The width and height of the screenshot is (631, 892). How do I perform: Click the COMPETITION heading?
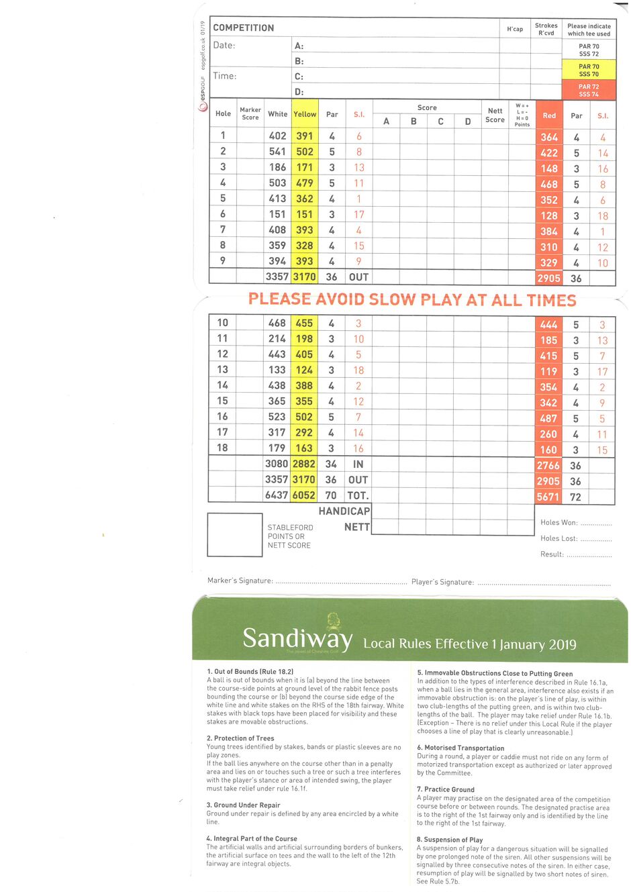pyautogui.click(x=244, y=28)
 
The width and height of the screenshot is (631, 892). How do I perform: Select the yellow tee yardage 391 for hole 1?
pyautogui.click(x=305, y=136)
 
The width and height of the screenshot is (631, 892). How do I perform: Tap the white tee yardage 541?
pyautogui.click(x=277, y=152)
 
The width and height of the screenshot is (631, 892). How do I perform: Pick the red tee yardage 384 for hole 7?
pyautogui.click(x=549, y=232)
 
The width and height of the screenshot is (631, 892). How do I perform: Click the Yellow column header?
pyautogui.click(x=305, y=114)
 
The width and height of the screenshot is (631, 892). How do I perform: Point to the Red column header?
pyautogui.click(x=549, y=115)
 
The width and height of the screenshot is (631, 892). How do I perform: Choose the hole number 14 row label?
pyautogui.click(x=222, y=385)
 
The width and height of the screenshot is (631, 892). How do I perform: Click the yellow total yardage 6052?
pyautogui.click(x=304, y=495)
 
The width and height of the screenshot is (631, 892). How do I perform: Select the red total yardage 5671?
pyautogui.click(x=548, y=497)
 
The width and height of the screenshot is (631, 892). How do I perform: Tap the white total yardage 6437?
pyautogui.click(x=277, y=495)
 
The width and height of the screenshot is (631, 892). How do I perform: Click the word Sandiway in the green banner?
pyautogui.click(x=297, y=638)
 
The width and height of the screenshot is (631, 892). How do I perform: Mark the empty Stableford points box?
pyautogui.click(x=234, y=535)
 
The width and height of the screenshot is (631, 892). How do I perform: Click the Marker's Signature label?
pyautogui.click(x=240, y=581)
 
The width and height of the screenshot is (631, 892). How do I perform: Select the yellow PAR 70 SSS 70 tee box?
pyautogui.click(x=589, y=70)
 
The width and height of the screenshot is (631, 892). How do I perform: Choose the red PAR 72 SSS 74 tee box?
pyautogui.click(x=589, y=91)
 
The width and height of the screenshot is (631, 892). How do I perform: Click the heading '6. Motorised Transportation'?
pyautogui.click(x=460, y=748)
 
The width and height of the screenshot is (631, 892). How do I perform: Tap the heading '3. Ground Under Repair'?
pyautogui.click(x=243, y=805)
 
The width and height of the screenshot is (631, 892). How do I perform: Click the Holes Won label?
pyautogui.click(x=559, y=522)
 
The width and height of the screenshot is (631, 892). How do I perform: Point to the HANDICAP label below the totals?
pyautogui.click(x=344, y=511)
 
